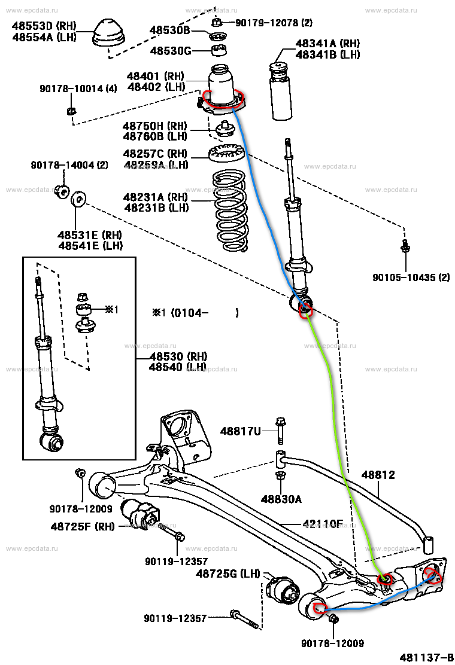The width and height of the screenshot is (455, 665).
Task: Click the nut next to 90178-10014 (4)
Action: click(71, 110)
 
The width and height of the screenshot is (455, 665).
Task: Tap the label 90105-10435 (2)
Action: click(411, 277)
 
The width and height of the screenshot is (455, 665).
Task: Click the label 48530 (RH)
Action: click(178, 356)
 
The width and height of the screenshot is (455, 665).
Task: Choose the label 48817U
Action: click(241, 431)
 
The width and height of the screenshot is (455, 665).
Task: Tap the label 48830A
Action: click(281, 498)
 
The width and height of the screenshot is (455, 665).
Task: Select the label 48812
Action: click(378, 475)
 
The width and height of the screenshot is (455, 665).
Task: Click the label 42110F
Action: click(323, 524)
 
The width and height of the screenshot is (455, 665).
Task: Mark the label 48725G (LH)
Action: click(228, 574)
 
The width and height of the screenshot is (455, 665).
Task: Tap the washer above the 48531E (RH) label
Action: click(78, 198)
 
